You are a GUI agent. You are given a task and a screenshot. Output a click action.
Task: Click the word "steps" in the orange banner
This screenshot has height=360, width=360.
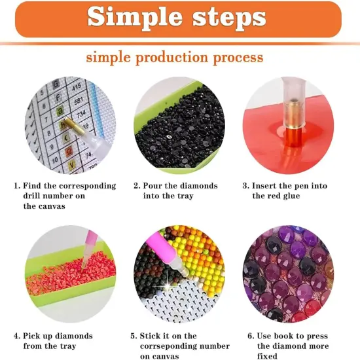pyautogui.click(x=225, y=18)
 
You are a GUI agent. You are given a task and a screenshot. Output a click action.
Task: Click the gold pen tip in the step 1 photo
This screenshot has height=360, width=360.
pyautogui.click(x=65, y=122)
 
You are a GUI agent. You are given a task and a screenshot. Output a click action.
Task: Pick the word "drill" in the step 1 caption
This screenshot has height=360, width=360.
pyautogui.click(x=33, y=196)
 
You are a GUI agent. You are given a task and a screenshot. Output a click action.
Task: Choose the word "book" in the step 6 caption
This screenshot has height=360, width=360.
pyautogui.click(x=285, y=336)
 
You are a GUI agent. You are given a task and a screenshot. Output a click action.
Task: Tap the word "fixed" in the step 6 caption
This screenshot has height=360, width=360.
pyautogui.click(x=268, y=356)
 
